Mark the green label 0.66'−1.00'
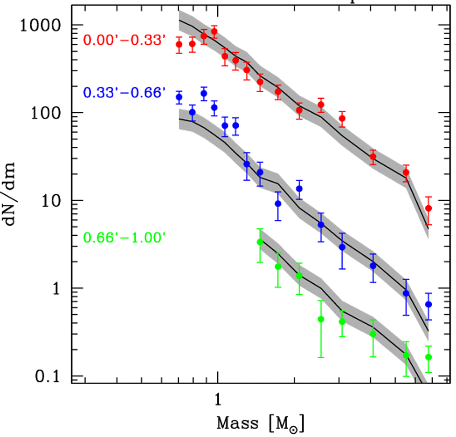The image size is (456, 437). (124, 238)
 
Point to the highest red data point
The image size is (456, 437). (214, 32)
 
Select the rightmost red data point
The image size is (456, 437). (428, 208)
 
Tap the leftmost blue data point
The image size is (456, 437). (179, 97)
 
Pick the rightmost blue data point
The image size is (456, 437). (428, 304)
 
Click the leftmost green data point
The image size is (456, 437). (260, 242)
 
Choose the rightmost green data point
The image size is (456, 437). (428, 357)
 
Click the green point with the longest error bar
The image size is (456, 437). (321, 319)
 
